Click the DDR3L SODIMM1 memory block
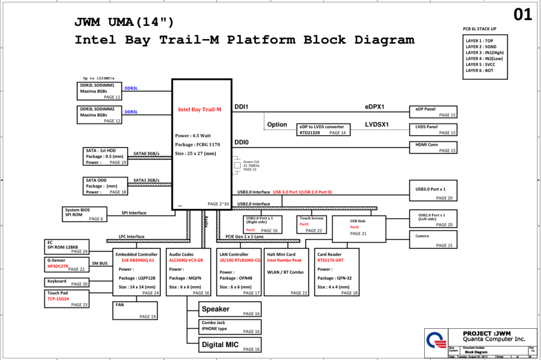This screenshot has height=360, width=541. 100,91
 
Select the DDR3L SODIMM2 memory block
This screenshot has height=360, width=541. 100,115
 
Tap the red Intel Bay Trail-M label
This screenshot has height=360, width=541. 199,109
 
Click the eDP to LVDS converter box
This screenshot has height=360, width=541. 323,130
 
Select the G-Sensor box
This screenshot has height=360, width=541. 66,265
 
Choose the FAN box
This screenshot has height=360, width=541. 135,311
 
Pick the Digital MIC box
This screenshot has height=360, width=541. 230,345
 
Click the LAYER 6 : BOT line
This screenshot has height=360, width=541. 480,70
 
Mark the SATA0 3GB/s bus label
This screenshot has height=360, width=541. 146,153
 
